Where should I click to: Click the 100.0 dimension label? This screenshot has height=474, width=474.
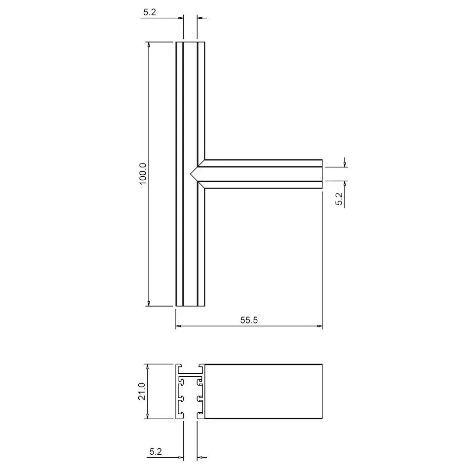click(x=143, y=174)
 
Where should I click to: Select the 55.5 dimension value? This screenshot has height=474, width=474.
click(x=249, y=320)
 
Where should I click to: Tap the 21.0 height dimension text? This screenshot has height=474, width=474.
click(x=142, y=391)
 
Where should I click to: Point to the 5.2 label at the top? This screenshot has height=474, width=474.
click(x=150, y=12)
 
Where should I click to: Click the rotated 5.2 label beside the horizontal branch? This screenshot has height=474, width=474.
click(x=339, y=198)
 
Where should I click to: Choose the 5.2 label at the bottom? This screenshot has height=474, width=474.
click(x=156, y=452)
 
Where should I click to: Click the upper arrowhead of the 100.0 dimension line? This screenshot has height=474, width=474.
click(x=149, y=45)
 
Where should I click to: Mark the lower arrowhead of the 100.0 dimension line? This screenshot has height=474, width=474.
click(x=149, y=303)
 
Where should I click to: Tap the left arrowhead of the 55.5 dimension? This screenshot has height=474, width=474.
click(x=179, y=326)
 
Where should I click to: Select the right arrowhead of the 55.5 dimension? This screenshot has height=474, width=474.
click(x=319, y=326)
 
